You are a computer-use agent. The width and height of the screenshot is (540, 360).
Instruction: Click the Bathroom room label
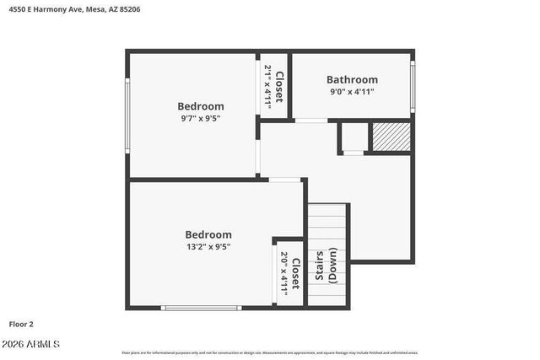pyautogui.click(x=352, y=80)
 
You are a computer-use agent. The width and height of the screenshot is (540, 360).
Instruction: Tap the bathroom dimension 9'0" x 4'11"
pyautogui.click(x=351, y=92)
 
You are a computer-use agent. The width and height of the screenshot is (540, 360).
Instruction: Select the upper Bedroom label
pyautogui.click(x=201, y=106)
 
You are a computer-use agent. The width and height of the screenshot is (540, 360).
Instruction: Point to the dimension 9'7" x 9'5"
pyautogui.click(x=201, y=119)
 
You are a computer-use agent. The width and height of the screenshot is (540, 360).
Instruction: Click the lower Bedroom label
pyautogui.click(x=208, y=234)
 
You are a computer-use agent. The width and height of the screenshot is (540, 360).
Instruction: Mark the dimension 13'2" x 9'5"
pyautogui.click(x=208, y=247)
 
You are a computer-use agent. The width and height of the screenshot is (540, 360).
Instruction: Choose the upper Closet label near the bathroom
pyautogui.click(x=278, y=84)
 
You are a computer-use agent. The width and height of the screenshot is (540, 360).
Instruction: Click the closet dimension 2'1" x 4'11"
pyautogui.click(x=267, y=84)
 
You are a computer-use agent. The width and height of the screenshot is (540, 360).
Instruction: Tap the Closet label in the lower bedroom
pyautogui.click(x=295, y=274)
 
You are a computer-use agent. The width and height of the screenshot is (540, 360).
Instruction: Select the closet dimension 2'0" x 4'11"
pyautogui.click(x=284, y=274)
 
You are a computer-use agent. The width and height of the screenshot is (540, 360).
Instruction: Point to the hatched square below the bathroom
pyautogui.click(x=391, y=137)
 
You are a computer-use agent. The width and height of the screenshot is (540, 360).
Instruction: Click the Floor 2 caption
pyautogui.click(x=21, y=323)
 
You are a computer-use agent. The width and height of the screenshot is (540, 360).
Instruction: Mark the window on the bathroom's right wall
pyautogui.click(x=413, y=85)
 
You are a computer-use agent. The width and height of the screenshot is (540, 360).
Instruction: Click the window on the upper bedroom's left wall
pyautogui.click(x=127, y=114)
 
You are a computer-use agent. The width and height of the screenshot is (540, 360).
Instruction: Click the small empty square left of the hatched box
pyautogui.click(x=353, y=137)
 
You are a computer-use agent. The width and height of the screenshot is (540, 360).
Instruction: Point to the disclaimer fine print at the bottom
pyautogui.click(x=269, y=352)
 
